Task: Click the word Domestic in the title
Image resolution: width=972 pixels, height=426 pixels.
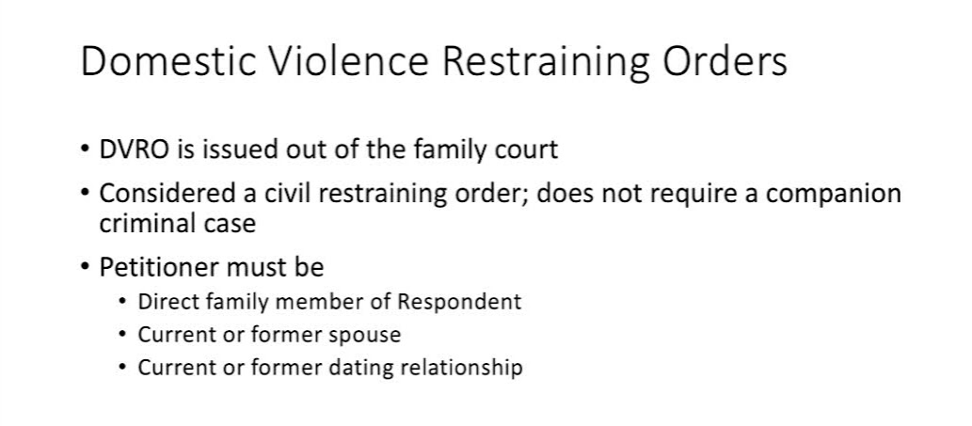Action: (x=169, y=61)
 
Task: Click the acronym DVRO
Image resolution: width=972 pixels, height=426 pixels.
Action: (x=134, y=150)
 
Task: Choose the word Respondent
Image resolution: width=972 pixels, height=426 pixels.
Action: (x=459, y=302)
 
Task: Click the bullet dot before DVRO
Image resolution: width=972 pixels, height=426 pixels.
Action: (x=85, y=150)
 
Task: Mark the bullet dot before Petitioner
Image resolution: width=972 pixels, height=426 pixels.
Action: (x=85, y=267)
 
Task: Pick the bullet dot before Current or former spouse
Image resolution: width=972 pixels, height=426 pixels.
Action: (x=124, y=335)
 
